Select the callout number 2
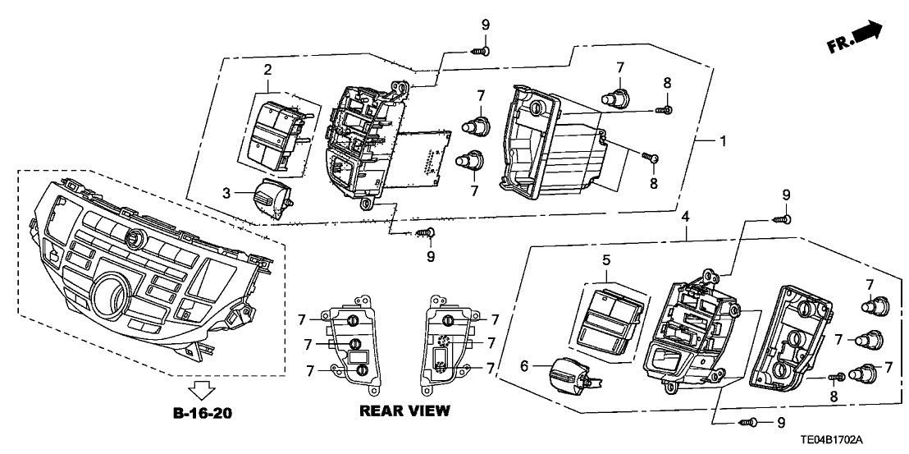[267, 72]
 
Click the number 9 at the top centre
[485, 25]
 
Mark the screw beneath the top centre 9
[482, 51]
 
